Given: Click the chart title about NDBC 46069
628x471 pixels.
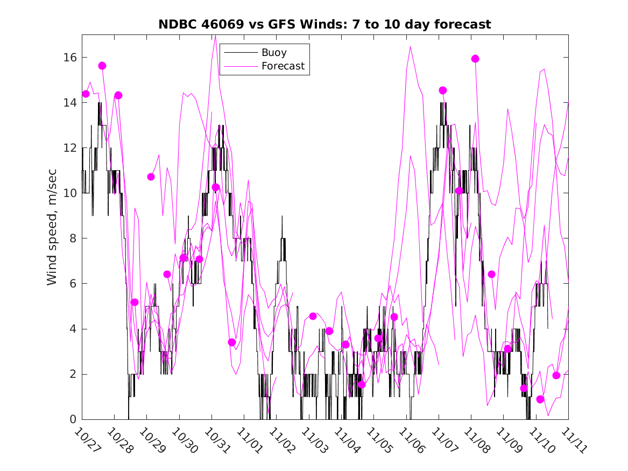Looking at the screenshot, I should pos(324,25).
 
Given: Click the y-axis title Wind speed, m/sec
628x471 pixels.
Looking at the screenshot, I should pos(52,226).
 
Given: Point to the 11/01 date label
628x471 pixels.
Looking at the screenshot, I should pos(248,439).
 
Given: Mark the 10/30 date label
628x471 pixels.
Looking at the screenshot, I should pos(182,439).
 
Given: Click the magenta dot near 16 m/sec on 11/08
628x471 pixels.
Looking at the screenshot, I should pos(475,59).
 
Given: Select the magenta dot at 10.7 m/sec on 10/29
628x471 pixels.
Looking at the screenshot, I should pos(151,177).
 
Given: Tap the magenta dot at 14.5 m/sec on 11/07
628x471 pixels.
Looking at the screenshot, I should pos(443,90).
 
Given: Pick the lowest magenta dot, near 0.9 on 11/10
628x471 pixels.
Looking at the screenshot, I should pos(540,399).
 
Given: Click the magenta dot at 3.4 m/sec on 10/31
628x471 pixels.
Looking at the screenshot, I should pos(232,342).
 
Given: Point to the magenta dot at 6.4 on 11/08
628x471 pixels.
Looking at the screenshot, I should pos(491,274).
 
